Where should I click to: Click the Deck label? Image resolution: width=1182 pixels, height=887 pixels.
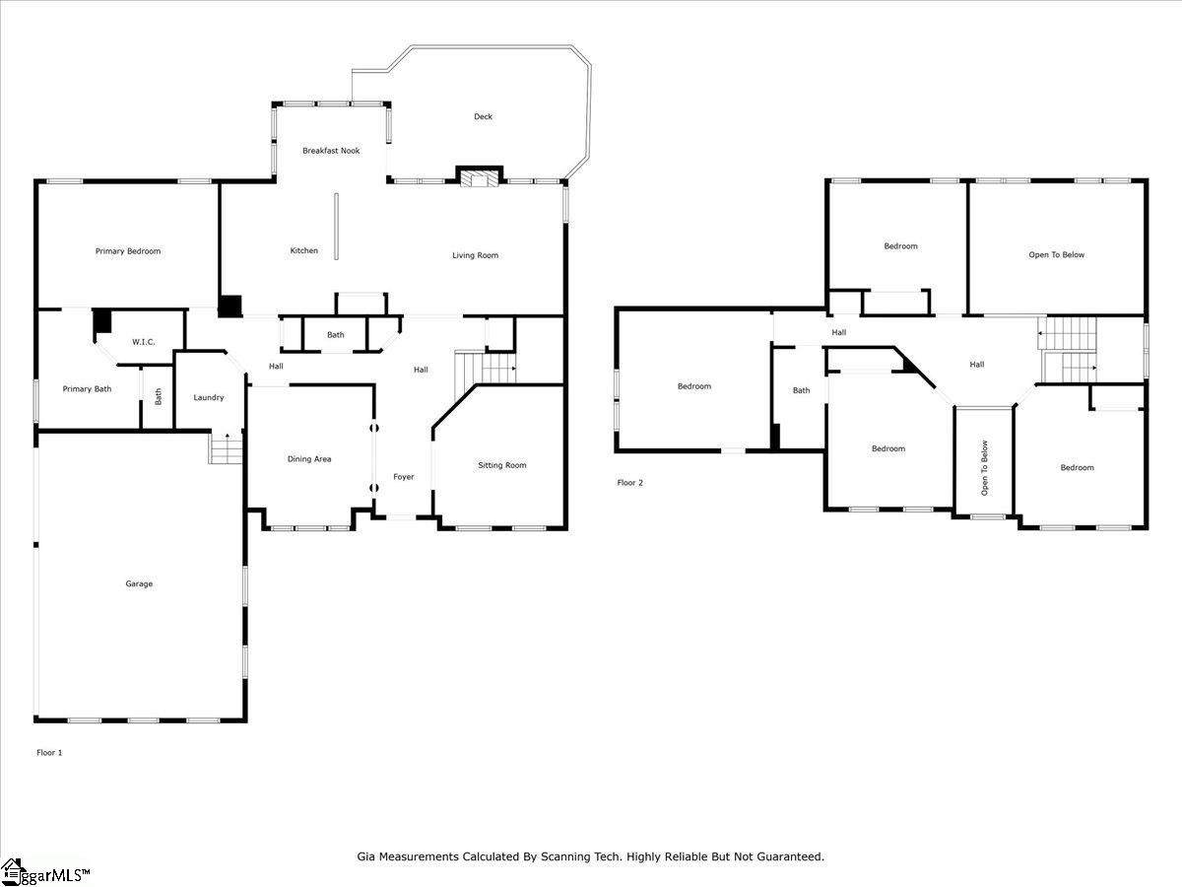[483, 116]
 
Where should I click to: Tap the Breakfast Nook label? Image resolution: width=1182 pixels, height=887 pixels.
[331, 151]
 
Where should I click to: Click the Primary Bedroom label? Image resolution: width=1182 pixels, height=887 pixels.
[128, 251]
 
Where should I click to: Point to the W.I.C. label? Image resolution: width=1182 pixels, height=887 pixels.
[144, 343]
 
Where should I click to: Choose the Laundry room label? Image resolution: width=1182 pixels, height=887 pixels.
[208, 398]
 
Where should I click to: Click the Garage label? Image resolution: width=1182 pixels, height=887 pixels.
[139, 583]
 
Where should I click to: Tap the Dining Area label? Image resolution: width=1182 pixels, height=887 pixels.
[309, 459]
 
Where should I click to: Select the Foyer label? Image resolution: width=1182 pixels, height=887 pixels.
[404, 477]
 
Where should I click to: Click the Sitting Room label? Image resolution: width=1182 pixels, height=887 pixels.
[502, 465]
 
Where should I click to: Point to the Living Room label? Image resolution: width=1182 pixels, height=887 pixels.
[476, 255]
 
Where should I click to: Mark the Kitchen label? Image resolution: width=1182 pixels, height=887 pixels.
[304, 251]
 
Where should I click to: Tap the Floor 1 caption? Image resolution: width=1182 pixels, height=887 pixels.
[49, 753]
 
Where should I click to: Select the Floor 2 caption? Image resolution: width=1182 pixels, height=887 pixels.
[630, 483]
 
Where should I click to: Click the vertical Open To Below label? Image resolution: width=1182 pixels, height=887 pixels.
[984, 467]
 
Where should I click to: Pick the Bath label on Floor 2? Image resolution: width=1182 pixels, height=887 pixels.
[802, 391]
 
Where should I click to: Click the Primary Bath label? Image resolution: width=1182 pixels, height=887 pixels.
[88, 389]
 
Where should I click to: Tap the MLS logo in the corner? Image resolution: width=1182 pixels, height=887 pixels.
[44, 872]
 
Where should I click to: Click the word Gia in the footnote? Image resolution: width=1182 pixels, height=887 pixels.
[366, 857]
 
